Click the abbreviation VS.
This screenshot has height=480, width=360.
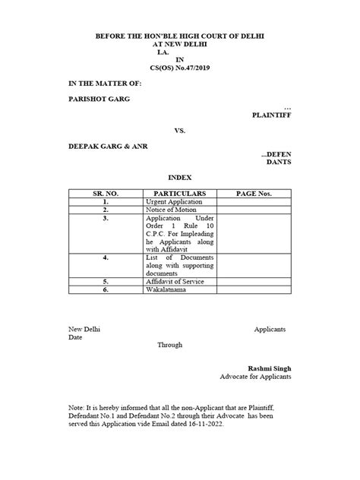180,131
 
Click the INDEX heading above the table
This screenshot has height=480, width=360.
179,175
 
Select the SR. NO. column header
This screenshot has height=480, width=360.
106,194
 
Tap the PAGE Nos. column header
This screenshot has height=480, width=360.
253,194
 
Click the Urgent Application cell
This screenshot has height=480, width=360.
174,202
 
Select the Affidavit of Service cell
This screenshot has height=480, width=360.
175,282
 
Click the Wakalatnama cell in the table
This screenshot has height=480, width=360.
166,289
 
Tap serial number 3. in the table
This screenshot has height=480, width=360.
106,218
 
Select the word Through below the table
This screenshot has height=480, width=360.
170,344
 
